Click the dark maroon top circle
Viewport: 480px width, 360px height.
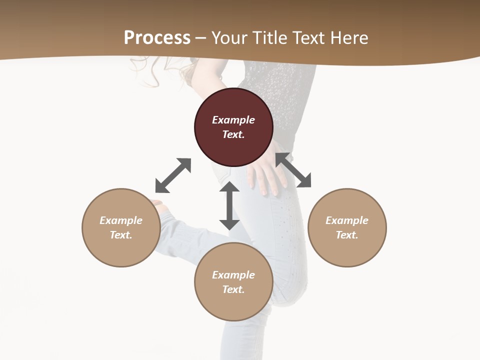point(233,127)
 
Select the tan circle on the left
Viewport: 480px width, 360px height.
point(121,227)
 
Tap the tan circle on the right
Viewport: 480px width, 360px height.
point(347,227)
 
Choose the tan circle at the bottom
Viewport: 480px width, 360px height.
point(233,282)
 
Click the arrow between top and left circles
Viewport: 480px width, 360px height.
point(173,175)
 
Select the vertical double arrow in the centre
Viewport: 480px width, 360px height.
point(229,206)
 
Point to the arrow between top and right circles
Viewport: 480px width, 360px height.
point(293,170)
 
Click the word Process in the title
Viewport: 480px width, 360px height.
point(157,38)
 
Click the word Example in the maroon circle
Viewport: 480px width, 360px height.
point(233,120)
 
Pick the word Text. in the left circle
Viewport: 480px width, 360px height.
point(121,235)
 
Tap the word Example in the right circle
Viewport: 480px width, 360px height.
point(347,220)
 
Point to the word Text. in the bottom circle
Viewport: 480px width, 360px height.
point(233,289)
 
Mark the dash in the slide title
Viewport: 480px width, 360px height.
point(201,38)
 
